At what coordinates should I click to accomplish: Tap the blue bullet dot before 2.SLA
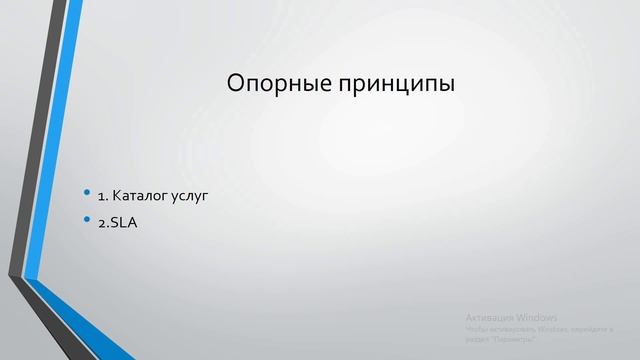pyautogui.click(x=87, y=220)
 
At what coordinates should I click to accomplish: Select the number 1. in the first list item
pyautogui.click(x=103, y=195)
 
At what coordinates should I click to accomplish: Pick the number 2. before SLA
pyautogui.click(x=103, y=222)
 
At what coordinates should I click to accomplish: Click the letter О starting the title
pyautogui.click(x=237, y=83)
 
